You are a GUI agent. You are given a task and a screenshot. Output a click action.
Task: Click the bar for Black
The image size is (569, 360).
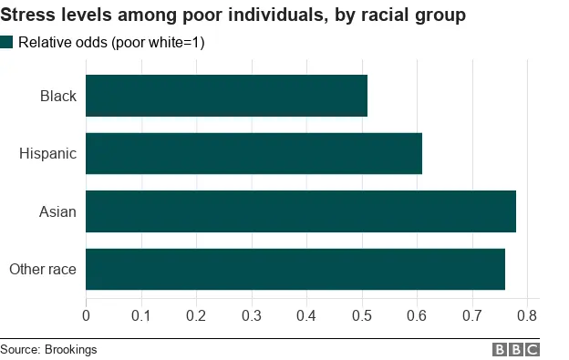point(226,96)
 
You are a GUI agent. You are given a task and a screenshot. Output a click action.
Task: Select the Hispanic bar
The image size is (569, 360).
point(253,153)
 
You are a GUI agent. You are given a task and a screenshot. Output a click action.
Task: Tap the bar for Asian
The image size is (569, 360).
point(301,211)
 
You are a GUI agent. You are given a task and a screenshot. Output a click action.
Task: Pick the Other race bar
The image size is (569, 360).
point(295,269)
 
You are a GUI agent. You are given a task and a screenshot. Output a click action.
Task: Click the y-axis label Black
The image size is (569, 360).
point(57,96)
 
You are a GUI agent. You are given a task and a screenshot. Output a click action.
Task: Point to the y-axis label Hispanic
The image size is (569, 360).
point(47,153)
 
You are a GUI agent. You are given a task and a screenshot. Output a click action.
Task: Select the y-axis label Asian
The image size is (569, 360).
point(57,211)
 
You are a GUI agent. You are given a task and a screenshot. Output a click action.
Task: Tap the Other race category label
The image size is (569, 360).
point(42,269)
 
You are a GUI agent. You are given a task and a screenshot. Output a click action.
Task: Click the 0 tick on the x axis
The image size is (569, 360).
point(86,315)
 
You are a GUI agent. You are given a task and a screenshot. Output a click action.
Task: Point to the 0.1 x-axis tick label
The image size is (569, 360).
point(141,315)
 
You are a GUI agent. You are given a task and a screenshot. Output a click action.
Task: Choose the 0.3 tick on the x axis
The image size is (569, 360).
point(252,315)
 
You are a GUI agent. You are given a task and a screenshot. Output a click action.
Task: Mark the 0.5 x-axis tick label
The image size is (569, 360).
point(362,315)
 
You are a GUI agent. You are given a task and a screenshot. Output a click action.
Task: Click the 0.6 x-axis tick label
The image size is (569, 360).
point(418,315)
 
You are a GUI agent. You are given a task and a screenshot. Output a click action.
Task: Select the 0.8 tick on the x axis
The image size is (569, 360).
point(528,315)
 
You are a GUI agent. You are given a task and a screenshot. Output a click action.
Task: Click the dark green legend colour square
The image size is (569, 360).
point(7,42)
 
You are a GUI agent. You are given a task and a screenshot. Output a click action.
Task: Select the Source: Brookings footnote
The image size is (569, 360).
point(48,349)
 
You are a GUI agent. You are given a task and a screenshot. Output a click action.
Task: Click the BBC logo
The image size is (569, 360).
point(516,349)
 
